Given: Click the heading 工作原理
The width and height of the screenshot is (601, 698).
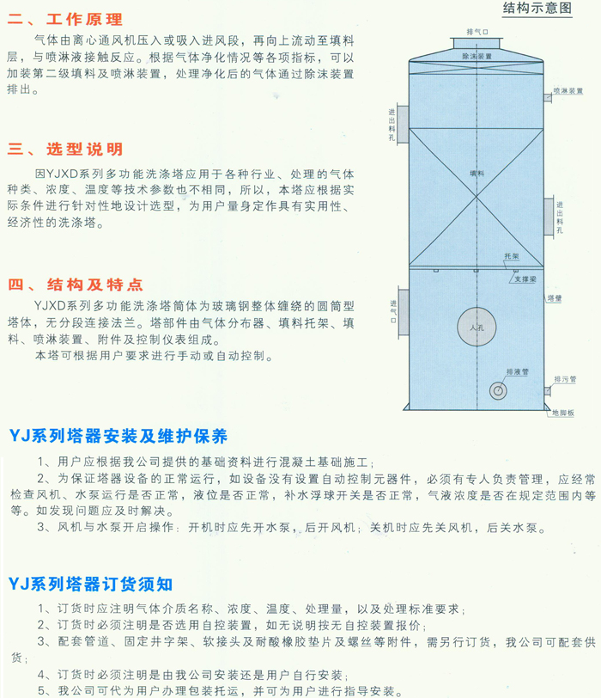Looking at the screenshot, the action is pyautogui.click(x=84, y=19).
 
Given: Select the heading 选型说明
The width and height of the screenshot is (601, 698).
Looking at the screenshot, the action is pyautogui.click(x=84, y=149).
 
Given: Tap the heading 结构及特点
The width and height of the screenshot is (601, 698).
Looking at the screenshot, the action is pyautogui.click(x=94, y=285).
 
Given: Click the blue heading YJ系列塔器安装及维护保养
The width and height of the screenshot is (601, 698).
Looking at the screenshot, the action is pyautogui.click(x=118, y=436).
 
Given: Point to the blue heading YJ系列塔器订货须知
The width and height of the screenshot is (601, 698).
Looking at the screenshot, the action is pyautogui.click(x=91, y=584).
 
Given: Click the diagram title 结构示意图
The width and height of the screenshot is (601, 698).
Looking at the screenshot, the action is pyautogui.click(x=537, y=8).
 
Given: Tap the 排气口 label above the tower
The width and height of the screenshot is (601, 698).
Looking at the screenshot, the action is pyautogui.click(x=477, y=32).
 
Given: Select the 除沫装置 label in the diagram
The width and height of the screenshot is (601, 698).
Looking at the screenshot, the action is pyautogui.click(x=477, y=57).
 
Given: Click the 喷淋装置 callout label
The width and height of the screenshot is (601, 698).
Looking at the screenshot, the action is pyautogui.click(x=568, y=91).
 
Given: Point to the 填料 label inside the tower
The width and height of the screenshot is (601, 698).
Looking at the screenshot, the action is pyautogui.click(x=477, y=174).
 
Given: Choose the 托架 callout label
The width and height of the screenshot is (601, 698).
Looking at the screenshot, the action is pyautogui.click(x=512, y=256).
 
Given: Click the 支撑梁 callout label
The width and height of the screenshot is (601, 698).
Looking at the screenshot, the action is pyautogui.click(x=525, y=279).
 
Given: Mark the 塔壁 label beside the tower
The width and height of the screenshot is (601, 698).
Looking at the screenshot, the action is pyautogui.click(x=555, y=298).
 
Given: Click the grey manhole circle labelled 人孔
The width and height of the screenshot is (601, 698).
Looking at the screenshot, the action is pyautogui.click(x=477, y=328).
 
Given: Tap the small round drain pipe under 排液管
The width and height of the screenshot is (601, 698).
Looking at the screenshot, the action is pyautogui.click(x=498, y=391).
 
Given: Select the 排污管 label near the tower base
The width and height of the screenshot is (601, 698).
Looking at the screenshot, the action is pyautogui.click(x=565, y=379).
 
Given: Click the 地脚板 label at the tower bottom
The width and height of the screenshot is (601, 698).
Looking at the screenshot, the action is pyautogui.click(x=563, y=413).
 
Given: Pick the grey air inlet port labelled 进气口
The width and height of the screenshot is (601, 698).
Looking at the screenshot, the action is pyautogui.click(x=404, y=313).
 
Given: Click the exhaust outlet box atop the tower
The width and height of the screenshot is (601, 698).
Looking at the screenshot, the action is pyautogui.click(x=477, y=43).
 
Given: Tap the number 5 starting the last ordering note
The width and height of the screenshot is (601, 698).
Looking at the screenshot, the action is pyautogui.click(x=41, y=691).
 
